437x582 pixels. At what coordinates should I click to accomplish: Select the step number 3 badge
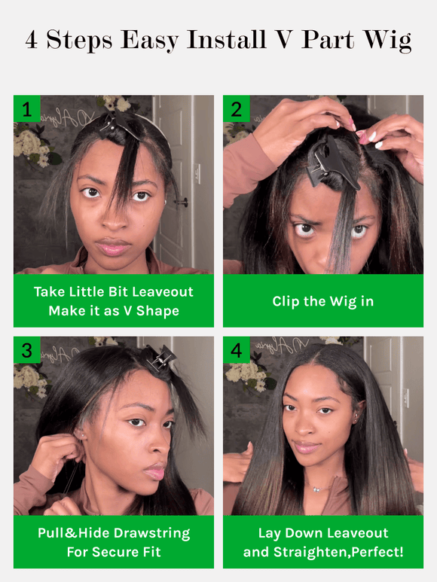click(x=26, y=349)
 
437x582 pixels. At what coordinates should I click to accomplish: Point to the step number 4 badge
click(x=236, y=349)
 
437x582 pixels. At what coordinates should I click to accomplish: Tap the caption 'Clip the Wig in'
click(x=322, y=301)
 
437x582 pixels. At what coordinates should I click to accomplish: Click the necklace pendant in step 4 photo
click(x=316, y=489)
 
